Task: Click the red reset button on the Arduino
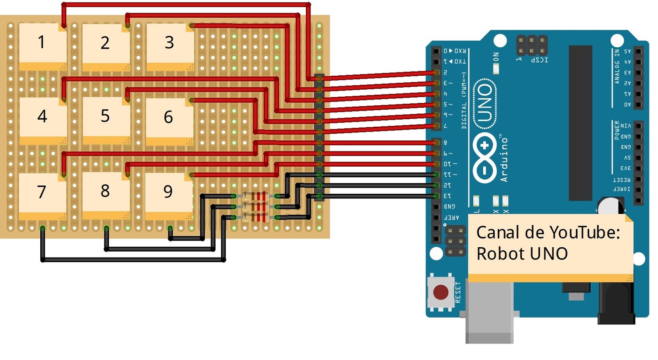coord(441,292)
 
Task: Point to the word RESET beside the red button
coord(458,292)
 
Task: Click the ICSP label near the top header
coord(539,60)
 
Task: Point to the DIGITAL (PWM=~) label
coord(464,101)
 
